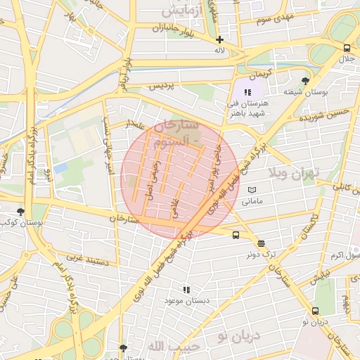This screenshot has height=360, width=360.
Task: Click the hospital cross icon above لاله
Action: point(220,39)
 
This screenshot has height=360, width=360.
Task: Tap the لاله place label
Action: point(220,51)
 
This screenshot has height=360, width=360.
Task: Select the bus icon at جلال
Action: point(347,48)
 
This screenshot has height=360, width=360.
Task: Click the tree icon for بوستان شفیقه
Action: point(304,81)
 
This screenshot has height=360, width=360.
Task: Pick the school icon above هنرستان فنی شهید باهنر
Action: point(247,92)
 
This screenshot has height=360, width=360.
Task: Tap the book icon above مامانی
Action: point(252,190)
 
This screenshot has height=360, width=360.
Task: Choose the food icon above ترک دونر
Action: point(261,244)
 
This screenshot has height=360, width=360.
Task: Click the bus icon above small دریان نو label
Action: point(314,310)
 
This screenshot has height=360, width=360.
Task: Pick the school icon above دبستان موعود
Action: point(186,289)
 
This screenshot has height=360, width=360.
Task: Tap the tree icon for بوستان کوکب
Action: point(20,211)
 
